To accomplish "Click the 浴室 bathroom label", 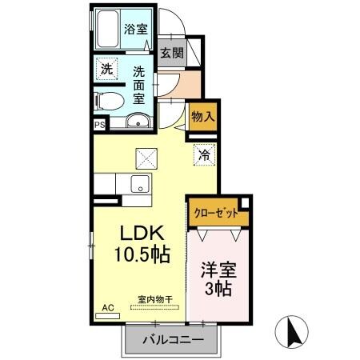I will pyautogui.click(x=134, y=30).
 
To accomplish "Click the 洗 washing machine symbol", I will pyautogui.click(x=106, y=69).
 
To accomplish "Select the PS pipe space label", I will pyautogui.click(x=99, y=125).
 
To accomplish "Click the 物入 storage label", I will pyautogui.click(x=203, y=117).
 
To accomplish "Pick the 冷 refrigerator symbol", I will pyautogui.click(x=204, y=154).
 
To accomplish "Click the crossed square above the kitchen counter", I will pyautogui.click(x=146, y=158).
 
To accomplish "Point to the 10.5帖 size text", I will pyautogui.click(x=142, y=258).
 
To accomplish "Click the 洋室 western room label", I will pyautogui.click(x=218, y=270).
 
